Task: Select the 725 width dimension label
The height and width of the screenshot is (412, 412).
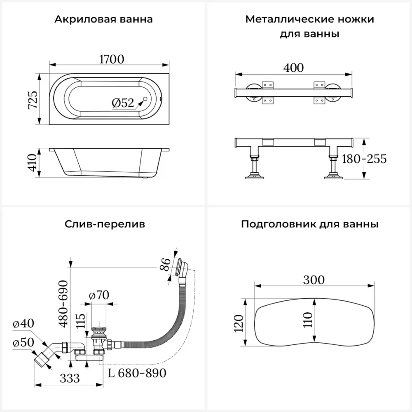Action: coord(33,99)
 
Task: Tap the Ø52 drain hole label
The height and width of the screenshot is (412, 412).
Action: coord(123,103)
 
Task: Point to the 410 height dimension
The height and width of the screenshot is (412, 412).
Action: coord(33,163)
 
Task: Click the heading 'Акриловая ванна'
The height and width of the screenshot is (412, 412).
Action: coord(103,19)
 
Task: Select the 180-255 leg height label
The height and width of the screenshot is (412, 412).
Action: coord(364,159)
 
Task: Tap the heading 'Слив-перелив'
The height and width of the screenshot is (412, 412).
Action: coord(105,225)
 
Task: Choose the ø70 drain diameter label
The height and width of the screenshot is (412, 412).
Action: coord(98,295)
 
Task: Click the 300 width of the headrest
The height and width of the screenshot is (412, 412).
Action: coord(314,280)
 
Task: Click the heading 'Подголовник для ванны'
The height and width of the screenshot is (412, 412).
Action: coord(310,225)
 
